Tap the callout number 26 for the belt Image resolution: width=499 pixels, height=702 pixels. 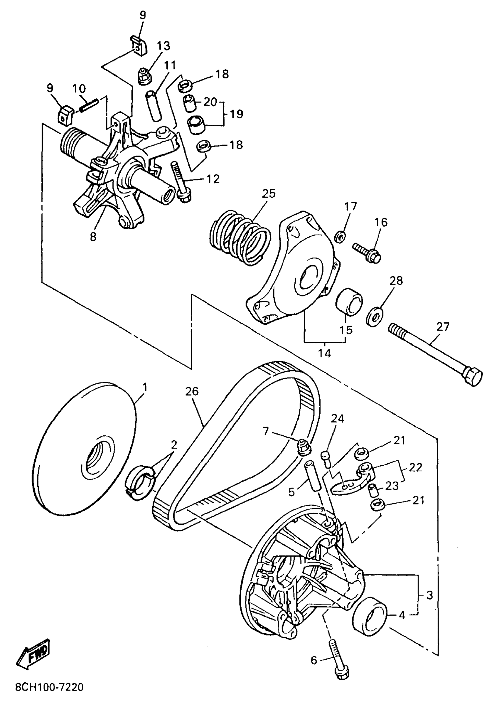click(192, 391)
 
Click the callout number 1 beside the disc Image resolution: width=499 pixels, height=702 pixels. click(145, 387)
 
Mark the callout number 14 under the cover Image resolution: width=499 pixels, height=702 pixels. click(324, 353)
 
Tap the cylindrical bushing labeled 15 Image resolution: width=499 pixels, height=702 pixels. click(350, 301)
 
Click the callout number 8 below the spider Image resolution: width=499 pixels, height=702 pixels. click(93, 237)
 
